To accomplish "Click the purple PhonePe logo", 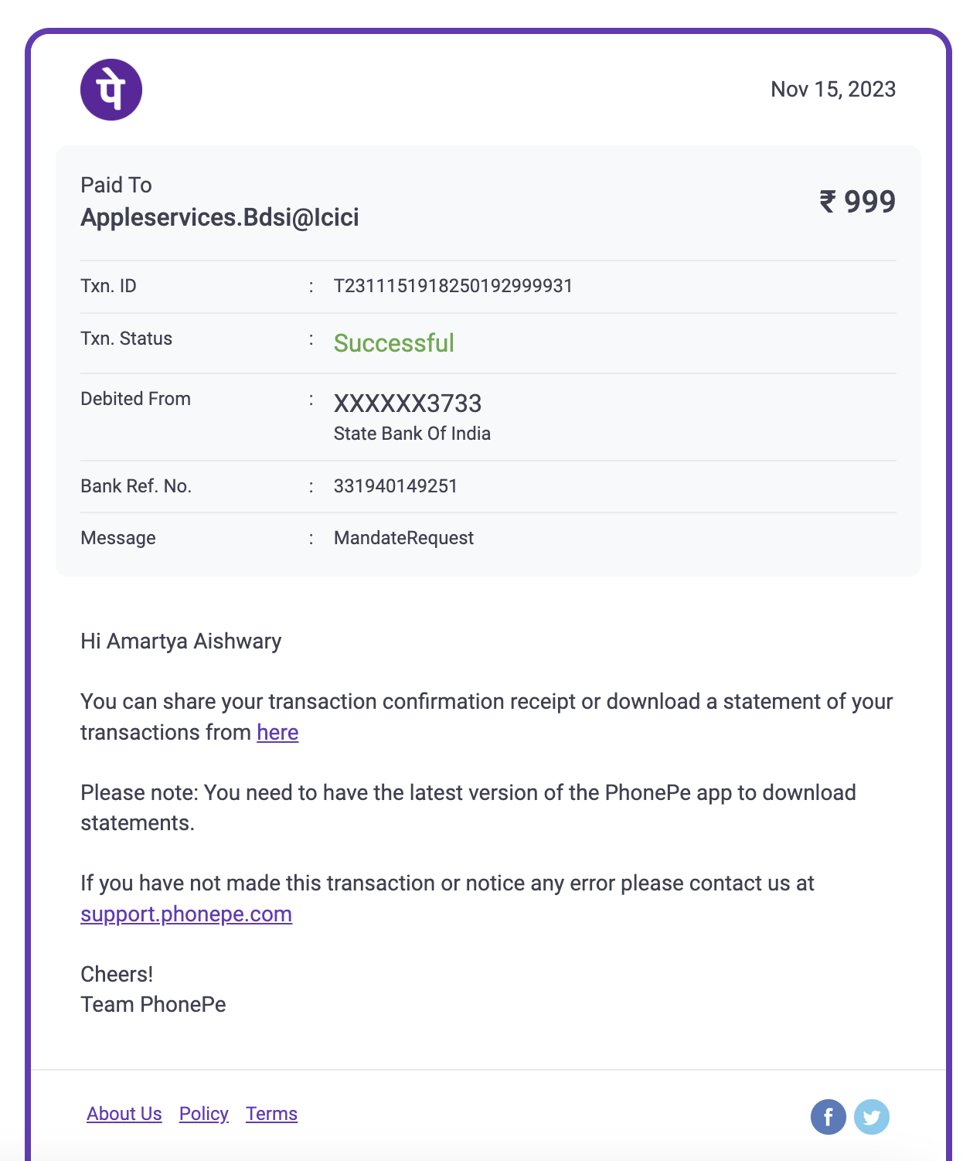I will pos(111,90).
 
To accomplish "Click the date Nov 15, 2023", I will pos(832,90).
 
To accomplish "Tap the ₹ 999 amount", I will pos(857,202).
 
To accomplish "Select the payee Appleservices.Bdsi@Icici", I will pos(219,218).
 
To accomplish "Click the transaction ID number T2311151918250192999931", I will pos(453,286).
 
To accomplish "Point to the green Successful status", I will pos(393,343).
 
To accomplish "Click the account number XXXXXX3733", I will pos(407,403).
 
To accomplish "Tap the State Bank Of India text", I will pos(412,434).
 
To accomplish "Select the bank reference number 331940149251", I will pos(396,486).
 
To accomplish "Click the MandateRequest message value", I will pos(403,538).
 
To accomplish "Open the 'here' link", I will pos(277,732).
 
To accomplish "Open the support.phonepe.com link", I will pos(186,914).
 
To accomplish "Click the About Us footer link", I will pos(124,1114).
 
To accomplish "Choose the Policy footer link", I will pos(204,1114).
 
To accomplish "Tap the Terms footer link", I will pos(271,1114).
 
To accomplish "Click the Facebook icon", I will pos(828,1117).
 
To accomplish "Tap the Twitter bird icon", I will pos(872,1117).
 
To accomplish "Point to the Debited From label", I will pos(135,399).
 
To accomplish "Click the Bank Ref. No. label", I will pos(136,486).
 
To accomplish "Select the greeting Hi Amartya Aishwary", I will pos(181,642).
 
